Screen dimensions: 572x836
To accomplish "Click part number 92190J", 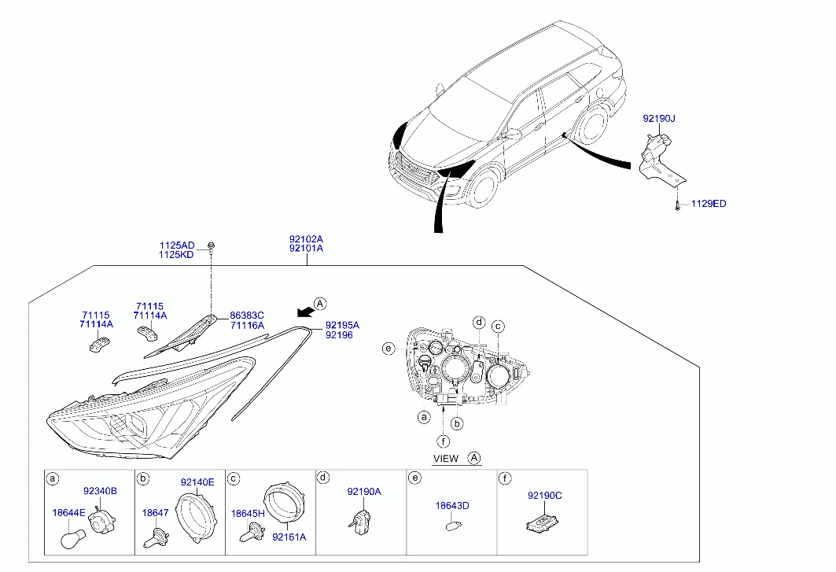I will pos(659,119).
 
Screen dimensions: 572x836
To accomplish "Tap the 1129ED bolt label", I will pos(709,204).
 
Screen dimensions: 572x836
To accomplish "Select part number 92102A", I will pos(306,238).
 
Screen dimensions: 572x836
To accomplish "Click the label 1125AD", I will pos(176,245).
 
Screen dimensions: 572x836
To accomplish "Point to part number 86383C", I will pos(247,315).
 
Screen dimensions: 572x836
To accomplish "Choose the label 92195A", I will pos(342,325).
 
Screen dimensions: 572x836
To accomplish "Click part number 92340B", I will pos(100,491).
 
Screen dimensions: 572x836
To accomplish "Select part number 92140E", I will pos(197,482).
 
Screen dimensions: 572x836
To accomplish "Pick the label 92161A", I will pos(289,537).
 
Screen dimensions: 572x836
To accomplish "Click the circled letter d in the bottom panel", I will pos(323,478).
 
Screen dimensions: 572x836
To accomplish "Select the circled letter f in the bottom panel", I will pos(504,478).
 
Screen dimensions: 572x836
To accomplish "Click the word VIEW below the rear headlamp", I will pos(446,458).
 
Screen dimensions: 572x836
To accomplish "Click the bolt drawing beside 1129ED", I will pos(676,205).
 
